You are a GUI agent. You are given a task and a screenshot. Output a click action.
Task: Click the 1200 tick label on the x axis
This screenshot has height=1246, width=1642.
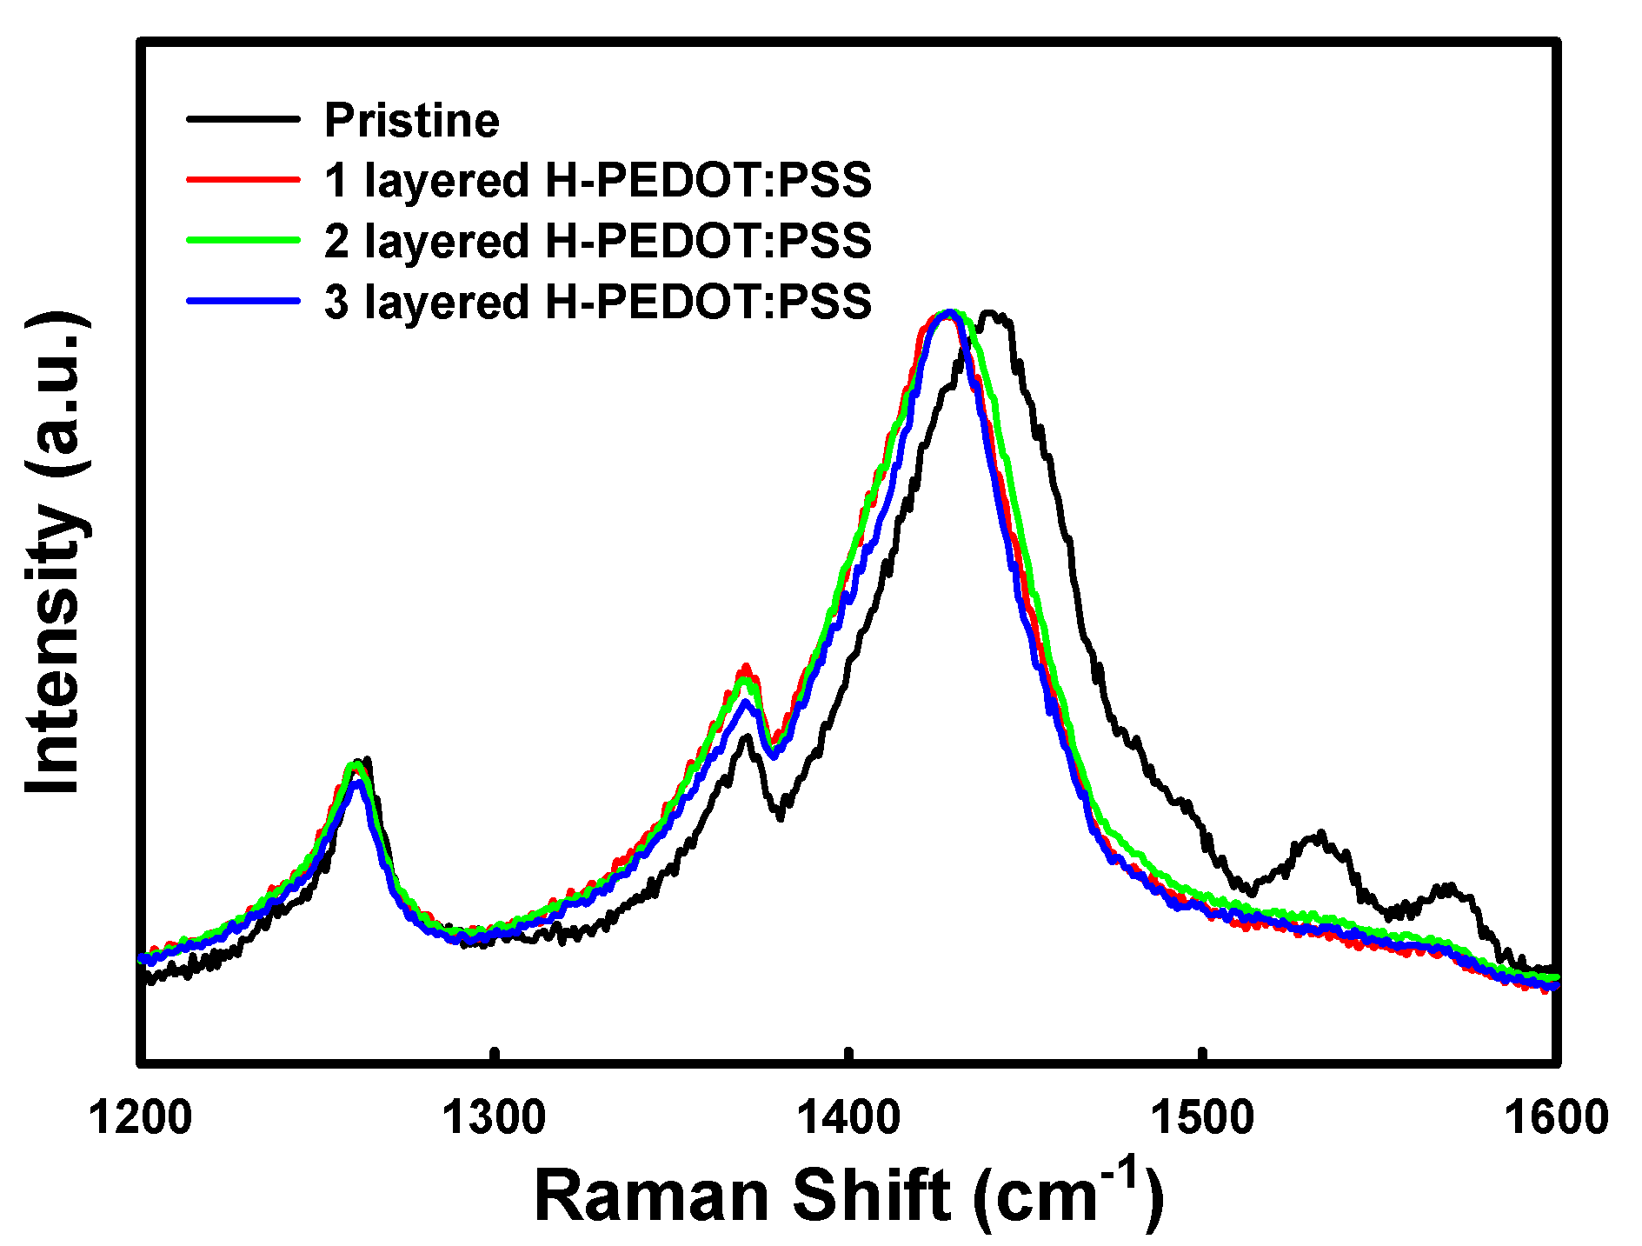141,1118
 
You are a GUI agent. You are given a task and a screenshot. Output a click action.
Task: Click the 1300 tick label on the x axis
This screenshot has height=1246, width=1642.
494,1118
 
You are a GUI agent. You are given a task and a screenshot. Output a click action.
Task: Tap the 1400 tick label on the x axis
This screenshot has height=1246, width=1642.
848,1118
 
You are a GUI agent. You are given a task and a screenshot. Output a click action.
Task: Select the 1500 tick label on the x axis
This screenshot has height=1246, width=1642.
1202,1118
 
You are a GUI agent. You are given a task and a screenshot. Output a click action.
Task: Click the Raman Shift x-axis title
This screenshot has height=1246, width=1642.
848,1196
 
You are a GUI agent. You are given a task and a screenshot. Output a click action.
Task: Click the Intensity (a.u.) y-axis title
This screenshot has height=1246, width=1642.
54,552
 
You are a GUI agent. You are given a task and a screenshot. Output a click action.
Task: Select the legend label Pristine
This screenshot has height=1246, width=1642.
411,120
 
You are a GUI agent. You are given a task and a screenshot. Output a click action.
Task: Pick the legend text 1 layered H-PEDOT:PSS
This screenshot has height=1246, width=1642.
597,180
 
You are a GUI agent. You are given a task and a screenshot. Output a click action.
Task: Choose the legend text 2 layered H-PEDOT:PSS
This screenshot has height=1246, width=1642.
597,241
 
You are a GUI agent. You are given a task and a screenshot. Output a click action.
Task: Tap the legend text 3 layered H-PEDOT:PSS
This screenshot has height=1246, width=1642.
597,302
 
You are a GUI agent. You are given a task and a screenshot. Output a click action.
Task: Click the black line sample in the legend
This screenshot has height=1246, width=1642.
243,119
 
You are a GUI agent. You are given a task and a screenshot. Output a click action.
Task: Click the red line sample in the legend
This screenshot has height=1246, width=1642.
243,179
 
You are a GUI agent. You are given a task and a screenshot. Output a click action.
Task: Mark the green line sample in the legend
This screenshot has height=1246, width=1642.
243,240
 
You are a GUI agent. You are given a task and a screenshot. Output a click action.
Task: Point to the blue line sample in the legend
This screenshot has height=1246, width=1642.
243,301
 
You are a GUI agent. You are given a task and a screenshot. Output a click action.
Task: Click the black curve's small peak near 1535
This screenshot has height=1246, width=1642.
1320,836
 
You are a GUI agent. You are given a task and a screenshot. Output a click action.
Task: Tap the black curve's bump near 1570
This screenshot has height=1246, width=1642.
1448,888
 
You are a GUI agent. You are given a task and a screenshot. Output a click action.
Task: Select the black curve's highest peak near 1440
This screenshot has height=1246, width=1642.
991,315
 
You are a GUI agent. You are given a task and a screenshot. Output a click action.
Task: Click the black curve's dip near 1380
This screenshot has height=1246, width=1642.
780,815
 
